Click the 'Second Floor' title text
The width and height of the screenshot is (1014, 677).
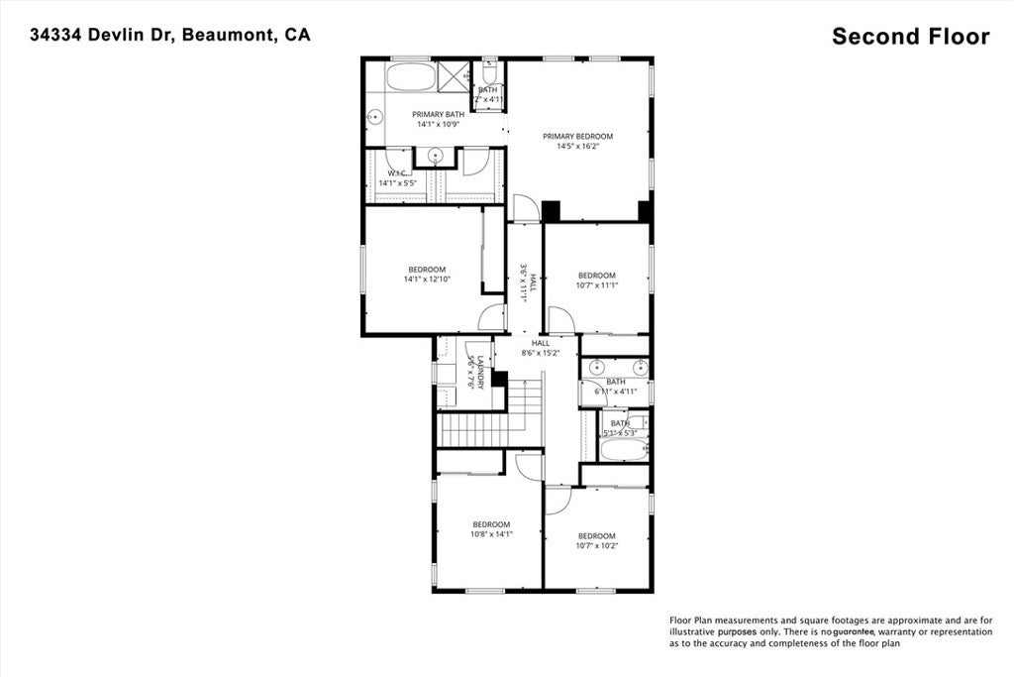click(x=910, y=37)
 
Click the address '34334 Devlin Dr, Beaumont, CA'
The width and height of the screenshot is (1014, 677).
click(x=169, y=35)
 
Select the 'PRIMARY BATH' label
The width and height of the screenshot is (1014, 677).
click(x=438, y=114)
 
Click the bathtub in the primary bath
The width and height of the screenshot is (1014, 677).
click(x=409, y=77)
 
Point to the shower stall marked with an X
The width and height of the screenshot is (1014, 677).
click(x=454, y=74)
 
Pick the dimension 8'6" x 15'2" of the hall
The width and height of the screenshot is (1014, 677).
click(x=540, y=353)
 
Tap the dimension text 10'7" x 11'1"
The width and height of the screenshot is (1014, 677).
click(x=597, y=285)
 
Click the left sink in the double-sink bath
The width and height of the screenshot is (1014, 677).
click(x=596, y=368)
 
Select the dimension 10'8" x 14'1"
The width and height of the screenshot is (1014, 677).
click(x=491, y=534)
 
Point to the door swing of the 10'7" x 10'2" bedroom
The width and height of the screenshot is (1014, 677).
click(x=556, y=501)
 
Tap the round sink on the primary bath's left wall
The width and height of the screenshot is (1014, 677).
click(x=376, y=116)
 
